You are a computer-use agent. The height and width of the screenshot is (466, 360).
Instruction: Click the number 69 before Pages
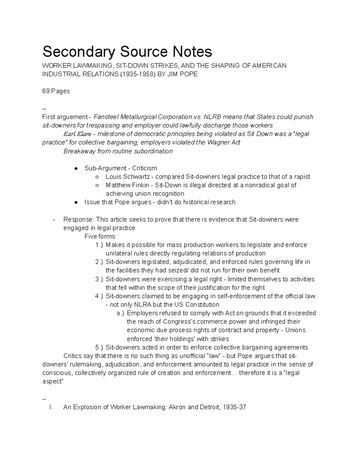coord(46,91)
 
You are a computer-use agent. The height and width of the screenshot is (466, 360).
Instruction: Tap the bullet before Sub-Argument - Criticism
coord(76,168)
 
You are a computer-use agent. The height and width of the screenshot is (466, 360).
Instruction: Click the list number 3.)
coord(99,279)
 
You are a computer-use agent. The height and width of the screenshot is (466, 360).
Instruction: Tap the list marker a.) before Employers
coord(120,313)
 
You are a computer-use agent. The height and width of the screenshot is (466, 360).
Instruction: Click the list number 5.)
coord(99,347)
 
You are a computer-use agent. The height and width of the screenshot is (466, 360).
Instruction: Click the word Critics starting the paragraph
coord(72,356)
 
